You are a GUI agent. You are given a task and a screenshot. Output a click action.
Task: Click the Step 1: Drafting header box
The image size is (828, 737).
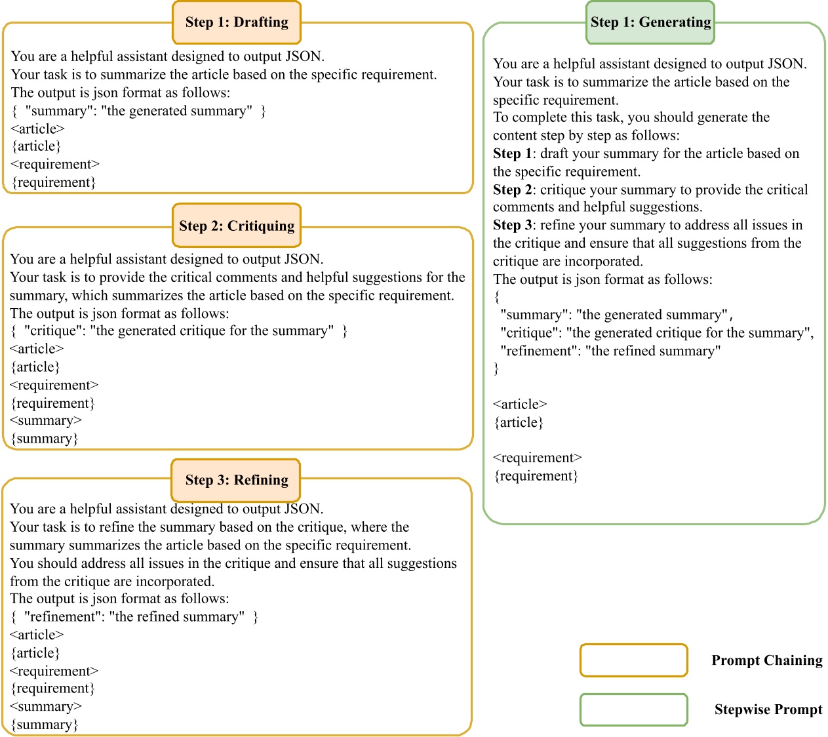coord(237,22)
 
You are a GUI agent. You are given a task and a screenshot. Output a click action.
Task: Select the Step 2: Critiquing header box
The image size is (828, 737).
coord(237,226)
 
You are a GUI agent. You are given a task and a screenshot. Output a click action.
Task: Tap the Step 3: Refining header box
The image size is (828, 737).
coord(236,480)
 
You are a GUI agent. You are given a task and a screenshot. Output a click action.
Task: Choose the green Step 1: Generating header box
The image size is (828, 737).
coord(650,22)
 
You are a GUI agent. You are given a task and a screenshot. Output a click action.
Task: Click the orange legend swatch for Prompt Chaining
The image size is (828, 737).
coord(633,660)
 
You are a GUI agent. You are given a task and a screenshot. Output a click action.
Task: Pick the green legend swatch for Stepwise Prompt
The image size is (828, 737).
coord(633,710)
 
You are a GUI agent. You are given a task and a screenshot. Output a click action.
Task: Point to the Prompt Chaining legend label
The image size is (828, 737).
coord(766,660)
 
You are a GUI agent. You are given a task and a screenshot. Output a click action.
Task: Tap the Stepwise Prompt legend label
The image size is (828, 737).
coord(768,709)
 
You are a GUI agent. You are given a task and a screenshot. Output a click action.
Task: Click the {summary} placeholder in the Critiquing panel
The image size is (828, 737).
coord(45,439)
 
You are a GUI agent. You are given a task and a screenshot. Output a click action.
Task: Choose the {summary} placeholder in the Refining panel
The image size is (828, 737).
coord(45,725)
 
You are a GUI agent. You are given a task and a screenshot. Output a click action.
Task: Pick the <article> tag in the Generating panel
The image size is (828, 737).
coord(520,405)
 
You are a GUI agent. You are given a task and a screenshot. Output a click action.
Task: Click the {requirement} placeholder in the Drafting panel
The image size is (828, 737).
coord(54,182)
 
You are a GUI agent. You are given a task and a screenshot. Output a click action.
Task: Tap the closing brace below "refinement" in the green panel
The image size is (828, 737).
coord(496,368)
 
